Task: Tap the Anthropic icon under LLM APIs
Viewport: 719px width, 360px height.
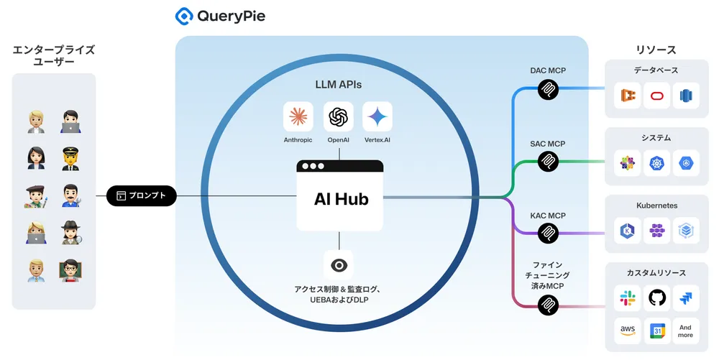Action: click(x=298, y=116)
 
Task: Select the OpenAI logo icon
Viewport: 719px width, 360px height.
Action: click(x=338, y=116)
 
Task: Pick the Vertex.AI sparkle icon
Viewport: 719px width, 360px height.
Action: click(x=377, y=116)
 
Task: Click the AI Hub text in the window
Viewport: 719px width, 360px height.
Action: click(x=341, y=199)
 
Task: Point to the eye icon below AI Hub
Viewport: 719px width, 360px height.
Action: click(x=338, y=265)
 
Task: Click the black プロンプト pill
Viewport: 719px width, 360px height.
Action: click(x=142, y=195)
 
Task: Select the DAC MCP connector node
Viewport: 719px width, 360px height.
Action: click(x=548, y=89)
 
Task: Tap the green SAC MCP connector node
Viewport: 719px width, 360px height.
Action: click(x=548, y=162)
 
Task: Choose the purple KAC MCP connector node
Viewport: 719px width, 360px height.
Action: click(x=548, y=234)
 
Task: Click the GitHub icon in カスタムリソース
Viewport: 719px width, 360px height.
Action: click(x=657, y=297)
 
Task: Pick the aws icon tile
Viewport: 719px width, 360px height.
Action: click(x=628, y=331)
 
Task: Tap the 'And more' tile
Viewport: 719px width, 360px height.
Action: click(x=685, y=331)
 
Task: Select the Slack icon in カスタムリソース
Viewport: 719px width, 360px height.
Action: click(x=628, y=297)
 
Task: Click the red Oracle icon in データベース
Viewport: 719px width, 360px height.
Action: click(x=657, y=96)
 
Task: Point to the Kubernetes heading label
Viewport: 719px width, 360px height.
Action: click(x=656, y=206)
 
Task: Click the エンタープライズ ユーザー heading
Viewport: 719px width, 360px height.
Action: click(x=54, y=56)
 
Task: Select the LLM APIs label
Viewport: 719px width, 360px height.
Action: click(x=338, y=84)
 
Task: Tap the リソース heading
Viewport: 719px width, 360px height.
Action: click(x=656, y=50)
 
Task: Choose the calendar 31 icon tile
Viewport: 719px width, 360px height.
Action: click(x=657, y=331)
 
